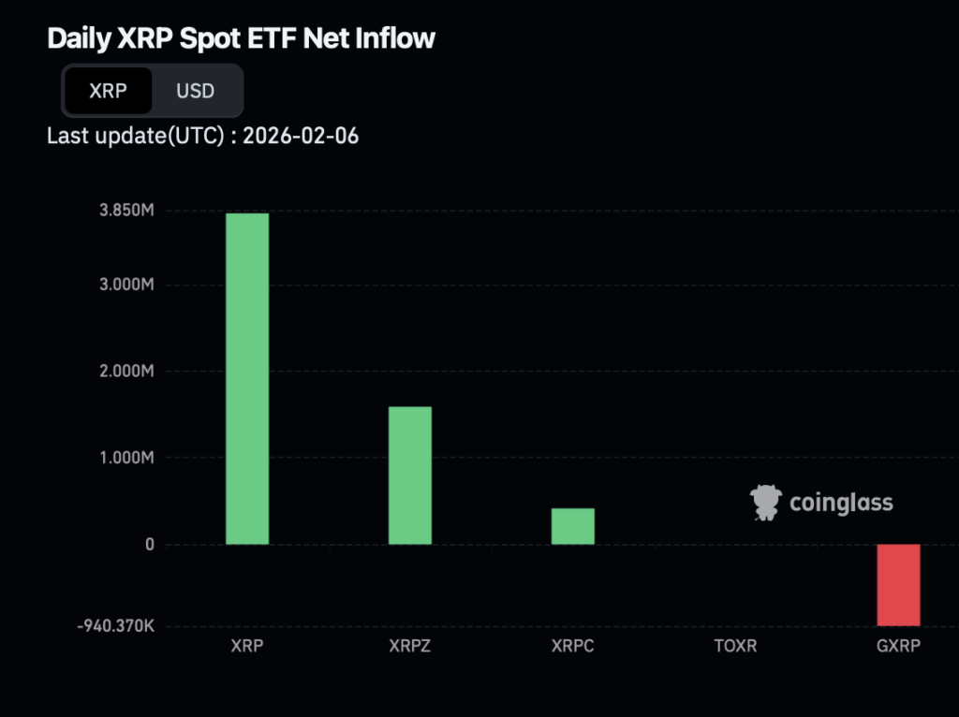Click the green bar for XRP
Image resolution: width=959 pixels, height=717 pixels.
tap(247, 378)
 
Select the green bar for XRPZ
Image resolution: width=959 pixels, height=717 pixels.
tap(410, 475)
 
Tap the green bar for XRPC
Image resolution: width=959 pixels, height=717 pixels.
tap(573, 526)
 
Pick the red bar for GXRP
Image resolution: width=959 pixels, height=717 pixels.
tap(898, 584)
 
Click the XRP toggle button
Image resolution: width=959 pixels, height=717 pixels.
tap(108, 91)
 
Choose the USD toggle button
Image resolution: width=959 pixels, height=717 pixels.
tap(196, 91)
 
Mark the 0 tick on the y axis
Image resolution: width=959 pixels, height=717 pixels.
tap(148, 545)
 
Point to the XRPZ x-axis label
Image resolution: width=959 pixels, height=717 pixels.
tap(409, 646)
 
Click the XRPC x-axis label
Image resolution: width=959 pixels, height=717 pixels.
tap(573, 646)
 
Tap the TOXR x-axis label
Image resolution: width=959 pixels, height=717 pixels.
tap(735, 646)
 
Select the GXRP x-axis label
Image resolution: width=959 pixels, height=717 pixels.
tap(898, 646)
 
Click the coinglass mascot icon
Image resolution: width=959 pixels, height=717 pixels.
tap(766, 503)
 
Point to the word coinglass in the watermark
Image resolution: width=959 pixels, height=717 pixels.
tap(841, 503)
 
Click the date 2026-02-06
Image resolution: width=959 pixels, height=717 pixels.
tap(301, 136)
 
